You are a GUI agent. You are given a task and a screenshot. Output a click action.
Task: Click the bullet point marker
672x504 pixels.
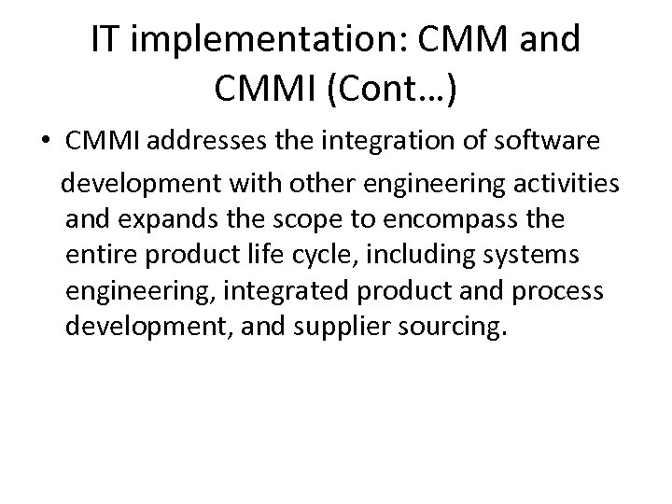pos(46,140)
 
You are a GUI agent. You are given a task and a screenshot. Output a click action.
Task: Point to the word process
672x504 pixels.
pos(558,290)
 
